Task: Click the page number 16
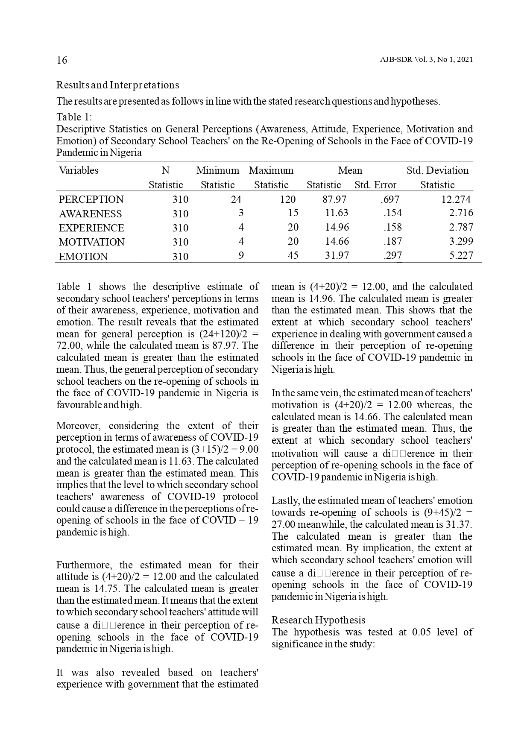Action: click(x=62, y=60)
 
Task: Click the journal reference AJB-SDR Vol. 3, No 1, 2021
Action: click(x=426, y=60)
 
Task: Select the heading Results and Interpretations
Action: click(x=117, y=85)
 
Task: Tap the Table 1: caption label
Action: click(x=74, y=117)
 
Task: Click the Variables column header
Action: click(x=79, y=170)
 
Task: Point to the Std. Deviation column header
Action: click(x=437, y=170)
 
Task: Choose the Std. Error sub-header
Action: click(x=375, y=185)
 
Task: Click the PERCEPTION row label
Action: click(x=91, y=199)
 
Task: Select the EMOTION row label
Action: click(x=83, y=257)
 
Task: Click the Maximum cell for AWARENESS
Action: click(x=293, y=213)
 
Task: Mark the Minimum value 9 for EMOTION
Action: click(x=241, y=255)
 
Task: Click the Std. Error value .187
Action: click(x=392, y=241)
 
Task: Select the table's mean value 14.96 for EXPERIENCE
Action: click(x=337, y=227)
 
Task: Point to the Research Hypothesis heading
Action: click(x=318, y=620)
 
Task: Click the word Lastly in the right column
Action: click(x=284, y=500)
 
